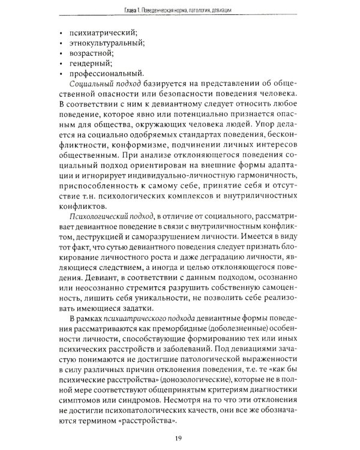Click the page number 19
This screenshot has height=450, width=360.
181,437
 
